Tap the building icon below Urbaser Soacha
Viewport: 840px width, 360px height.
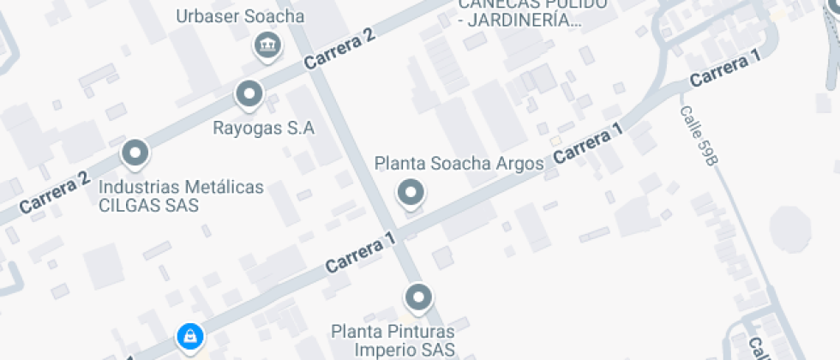(268, 45)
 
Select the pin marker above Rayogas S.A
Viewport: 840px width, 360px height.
(249, 93)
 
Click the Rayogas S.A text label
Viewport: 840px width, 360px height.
(264, 129)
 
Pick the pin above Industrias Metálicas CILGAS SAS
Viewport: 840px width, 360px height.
(135, 153)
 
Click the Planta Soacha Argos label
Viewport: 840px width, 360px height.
(459, 163)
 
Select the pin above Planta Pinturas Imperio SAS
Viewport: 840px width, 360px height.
(418, 297)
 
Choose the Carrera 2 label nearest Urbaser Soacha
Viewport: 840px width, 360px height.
(340, 50)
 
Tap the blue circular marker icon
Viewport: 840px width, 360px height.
(189, 335)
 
